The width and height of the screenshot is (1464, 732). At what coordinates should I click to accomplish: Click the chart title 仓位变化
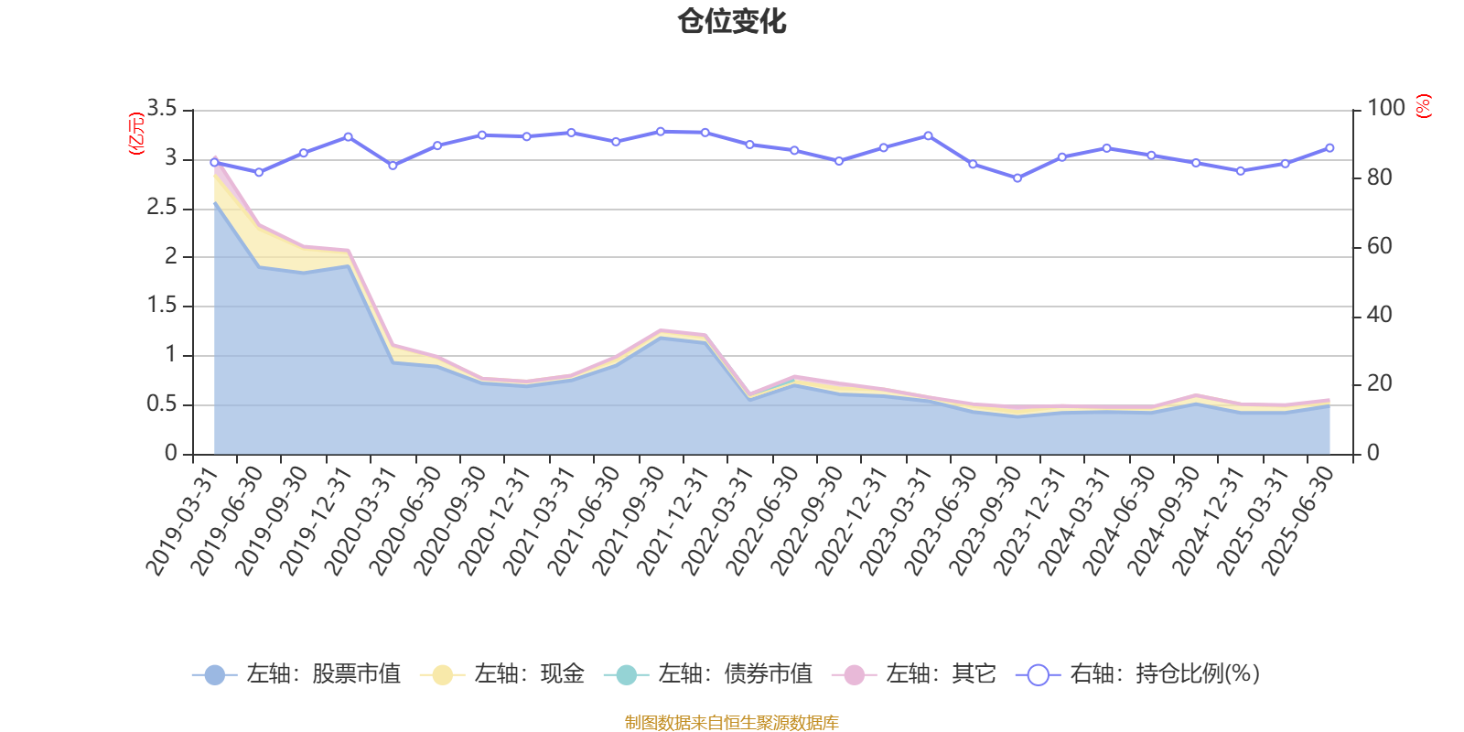[x=732, y=21]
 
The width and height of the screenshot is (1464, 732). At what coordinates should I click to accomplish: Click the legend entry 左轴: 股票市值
[x=296, y=674]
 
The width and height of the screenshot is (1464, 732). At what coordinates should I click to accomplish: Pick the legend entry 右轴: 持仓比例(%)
[x=1138, y=674]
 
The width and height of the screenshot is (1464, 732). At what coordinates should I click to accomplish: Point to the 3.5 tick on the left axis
[x=162, y=109]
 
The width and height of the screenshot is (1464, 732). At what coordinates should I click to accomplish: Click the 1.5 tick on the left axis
[x=162, y=306]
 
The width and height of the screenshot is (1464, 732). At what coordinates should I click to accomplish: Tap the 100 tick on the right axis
[x=1385, y=109]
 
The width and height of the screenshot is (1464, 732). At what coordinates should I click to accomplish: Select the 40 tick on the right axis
[x=1379, y=315]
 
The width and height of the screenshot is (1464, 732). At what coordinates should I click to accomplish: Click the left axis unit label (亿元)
[x=136, y=134]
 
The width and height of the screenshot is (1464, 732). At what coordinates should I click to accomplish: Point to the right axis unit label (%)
[x=1423, y=106]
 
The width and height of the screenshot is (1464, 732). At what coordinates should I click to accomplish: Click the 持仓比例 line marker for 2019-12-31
[x=349, y=136]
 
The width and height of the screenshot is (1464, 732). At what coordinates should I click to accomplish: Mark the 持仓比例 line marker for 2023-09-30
[x=1017, y=178]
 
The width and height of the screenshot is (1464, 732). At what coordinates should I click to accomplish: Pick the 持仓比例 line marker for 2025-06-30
[x=1329, y=147]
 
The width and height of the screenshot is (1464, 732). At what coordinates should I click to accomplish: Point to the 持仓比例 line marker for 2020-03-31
[x=393, y=166]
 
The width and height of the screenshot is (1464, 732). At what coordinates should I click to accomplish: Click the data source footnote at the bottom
[x=732, y=723]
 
